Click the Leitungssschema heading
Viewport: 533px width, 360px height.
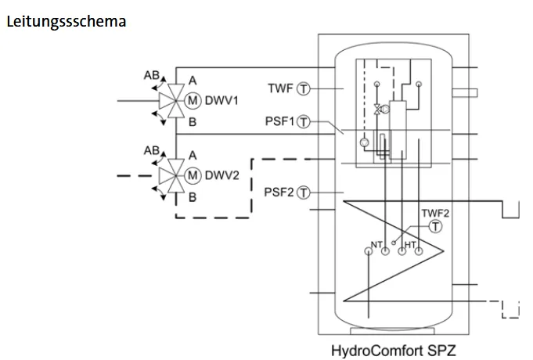[x=67, y=22]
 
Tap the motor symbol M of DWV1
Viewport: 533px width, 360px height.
[x=193, y=101]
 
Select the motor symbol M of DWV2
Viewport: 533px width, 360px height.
[x=193, y=175]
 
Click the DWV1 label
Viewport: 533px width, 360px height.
[x=221, y=101]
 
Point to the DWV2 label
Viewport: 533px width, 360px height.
[x=222, y=175]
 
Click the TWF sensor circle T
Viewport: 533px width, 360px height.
[x=304, y=88]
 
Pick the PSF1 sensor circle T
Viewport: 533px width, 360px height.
[x=304, y=122]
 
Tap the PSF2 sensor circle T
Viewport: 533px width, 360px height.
[x=304, y=193]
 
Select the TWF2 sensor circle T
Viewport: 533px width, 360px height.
[x=435, y=226]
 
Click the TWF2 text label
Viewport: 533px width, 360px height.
[x=435, y=213]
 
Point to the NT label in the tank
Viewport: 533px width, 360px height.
[x=376, y=244]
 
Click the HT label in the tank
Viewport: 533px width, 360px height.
[x=410, y=244]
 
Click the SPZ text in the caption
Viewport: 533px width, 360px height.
[x=441, y=350]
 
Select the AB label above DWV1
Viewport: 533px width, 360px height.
[x=152, y=75]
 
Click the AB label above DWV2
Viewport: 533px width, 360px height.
[x=152, y=150]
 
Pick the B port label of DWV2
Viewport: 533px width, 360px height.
[x=193, y=197]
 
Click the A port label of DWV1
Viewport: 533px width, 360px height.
[x=193, y=81]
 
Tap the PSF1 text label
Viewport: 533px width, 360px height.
[x=279, y=121]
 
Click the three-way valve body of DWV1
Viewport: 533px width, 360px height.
[x=173, y=101]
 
